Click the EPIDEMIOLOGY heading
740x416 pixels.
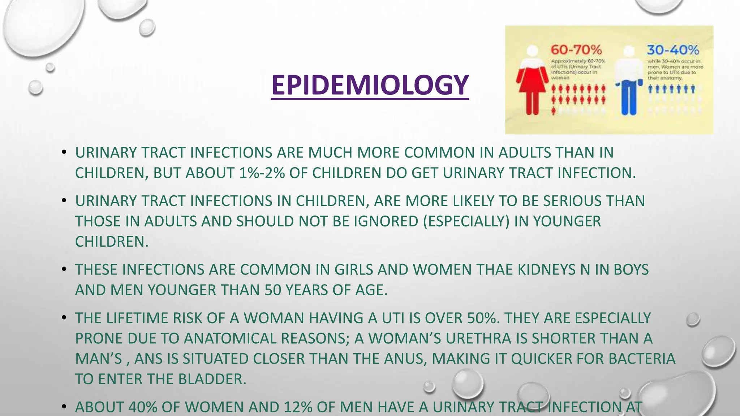click(x=370, y=85)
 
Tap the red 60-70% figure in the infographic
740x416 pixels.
click(x=576, y=50)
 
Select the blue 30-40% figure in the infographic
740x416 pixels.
click(x=672, y=50)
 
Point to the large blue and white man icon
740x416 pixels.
click(x=629, y=81)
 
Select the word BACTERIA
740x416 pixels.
click(x=642, y=359)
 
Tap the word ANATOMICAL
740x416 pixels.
click(x=230, y=338)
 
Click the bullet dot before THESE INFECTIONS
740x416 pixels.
click(x=64, y=269)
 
